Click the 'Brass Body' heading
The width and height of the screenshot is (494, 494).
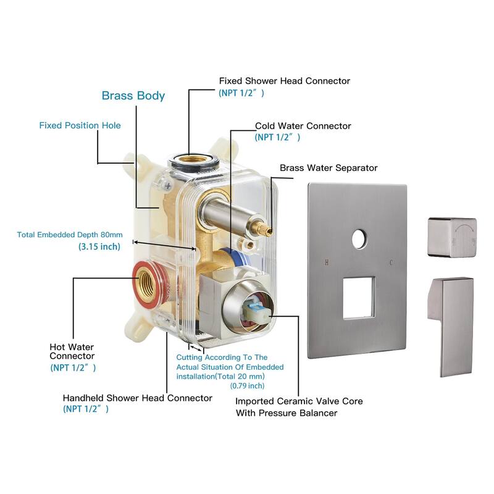(x=133, y=96)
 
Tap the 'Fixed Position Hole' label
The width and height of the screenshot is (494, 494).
(x=80, y=125)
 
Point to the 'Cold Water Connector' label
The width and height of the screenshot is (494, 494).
(x=303, y=126)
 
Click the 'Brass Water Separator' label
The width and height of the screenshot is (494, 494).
(x=329, y=168)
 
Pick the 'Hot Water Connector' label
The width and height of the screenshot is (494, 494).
(x=72, y=351)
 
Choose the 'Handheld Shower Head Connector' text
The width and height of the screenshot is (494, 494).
(x=137, y=398)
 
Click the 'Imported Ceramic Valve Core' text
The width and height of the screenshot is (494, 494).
(x=299, y=401)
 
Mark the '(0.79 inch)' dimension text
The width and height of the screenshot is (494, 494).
(x=248, y=385)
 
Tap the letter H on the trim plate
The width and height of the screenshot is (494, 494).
(x=327, y=262)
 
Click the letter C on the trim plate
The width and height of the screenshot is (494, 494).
(x=391, y=262)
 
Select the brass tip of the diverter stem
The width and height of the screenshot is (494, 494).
(x=266, y=230)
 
